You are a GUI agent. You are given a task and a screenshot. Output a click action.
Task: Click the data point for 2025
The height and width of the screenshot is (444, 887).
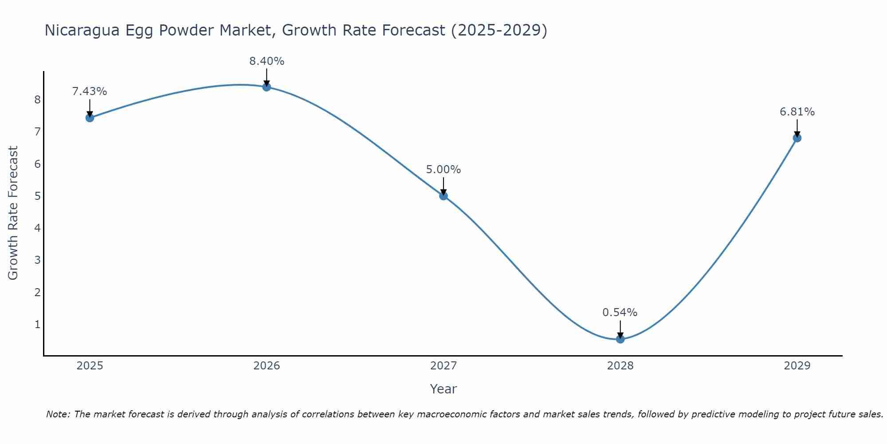(x=90, y=118)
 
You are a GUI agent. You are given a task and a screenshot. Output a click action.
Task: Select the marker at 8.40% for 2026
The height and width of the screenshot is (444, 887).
(x=267, y=87)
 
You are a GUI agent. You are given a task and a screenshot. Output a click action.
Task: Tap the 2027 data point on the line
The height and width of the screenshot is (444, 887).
(x=443, y=196)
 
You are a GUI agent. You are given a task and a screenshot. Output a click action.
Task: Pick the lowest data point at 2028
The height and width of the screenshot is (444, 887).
(x=620, y=339)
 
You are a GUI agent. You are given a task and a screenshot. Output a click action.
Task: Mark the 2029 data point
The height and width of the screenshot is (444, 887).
(x=797, y=138)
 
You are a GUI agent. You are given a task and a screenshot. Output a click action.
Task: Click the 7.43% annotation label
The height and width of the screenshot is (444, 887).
(x=90, y=91)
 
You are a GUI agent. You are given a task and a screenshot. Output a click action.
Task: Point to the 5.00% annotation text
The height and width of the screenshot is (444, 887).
(x=443, y=170)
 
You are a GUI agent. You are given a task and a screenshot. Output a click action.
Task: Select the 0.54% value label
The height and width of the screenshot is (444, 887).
(x=620, y=313)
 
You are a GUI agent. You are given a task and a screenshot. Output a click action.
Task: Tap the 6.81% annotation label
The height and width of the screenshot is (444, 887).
(x=797, y=112)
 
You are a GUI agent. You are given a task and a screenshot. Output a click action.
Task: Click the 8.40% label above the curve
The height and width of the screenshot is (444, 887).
(x=267, y=61)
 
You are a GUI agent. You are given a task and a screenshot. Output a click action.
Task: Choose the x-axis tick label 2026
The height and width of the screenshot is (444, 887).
(x=267, y=366)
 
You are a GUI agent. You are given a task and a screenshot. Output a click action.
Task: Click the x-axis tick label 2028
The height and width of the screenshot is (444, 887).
(x=620, y=366)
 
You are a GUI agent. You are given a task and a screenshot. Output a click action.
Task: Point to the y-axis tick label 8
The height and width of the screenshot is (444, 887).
(x=37, y=99)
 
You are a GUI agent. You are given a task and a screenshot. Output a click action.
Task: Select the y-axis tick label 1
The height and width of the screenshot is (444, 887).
(x=37, y=325)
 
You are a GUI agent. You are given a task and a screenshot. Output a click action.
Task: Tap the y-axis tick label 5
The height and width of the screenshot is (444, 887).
(x=37, y=196)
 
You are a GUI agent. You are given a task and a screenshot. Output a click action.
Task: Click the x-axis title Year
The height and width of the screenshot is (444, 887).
(x=443, y=389)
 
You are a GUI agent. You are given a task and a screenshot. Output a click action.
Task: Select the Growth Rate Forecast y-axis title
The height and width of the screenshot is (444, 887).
(x=13, y=213)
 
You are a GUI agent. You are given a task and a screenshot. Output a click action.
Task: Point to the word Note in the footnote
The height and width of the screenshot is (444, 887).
(x=58, y=414)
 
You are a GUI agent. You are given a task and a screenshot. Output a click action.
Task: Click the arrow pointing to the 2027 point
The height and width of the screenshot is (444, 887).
(x=443, y=186)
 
